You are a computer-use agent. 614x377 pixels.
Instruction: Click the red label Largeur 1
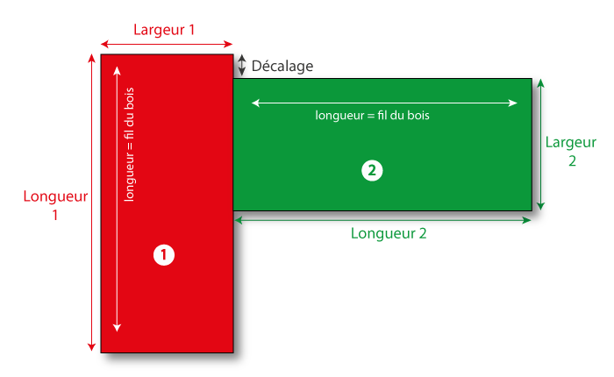(164, 29)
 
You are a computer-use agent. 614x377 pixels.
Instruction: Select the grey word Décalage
(282, 67)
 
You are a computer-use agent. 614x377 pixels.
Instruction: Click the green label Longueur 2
(389, 233)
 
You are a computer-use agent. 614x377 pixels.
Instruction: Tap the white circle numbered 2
(372, 171)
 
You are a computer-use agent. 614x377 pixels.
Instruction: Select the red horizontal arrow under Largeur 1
(167, 43)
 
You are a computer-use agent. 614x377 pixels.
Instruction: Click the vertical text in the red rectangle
(130, 146)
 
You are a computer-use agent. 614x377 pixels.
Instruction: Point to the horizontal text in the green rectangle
(372, 115)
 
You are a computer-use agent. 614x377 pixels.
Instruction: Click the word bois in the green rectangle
(416, 115)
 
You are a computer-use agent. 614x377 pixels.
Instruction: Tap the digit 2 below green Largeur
(571, 161)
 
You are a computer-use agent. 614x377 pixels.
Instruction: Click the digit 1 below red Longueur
(55, 215)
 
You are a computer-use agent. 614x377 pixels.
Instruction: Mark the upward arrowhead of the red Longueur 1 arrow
(91, 59)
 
